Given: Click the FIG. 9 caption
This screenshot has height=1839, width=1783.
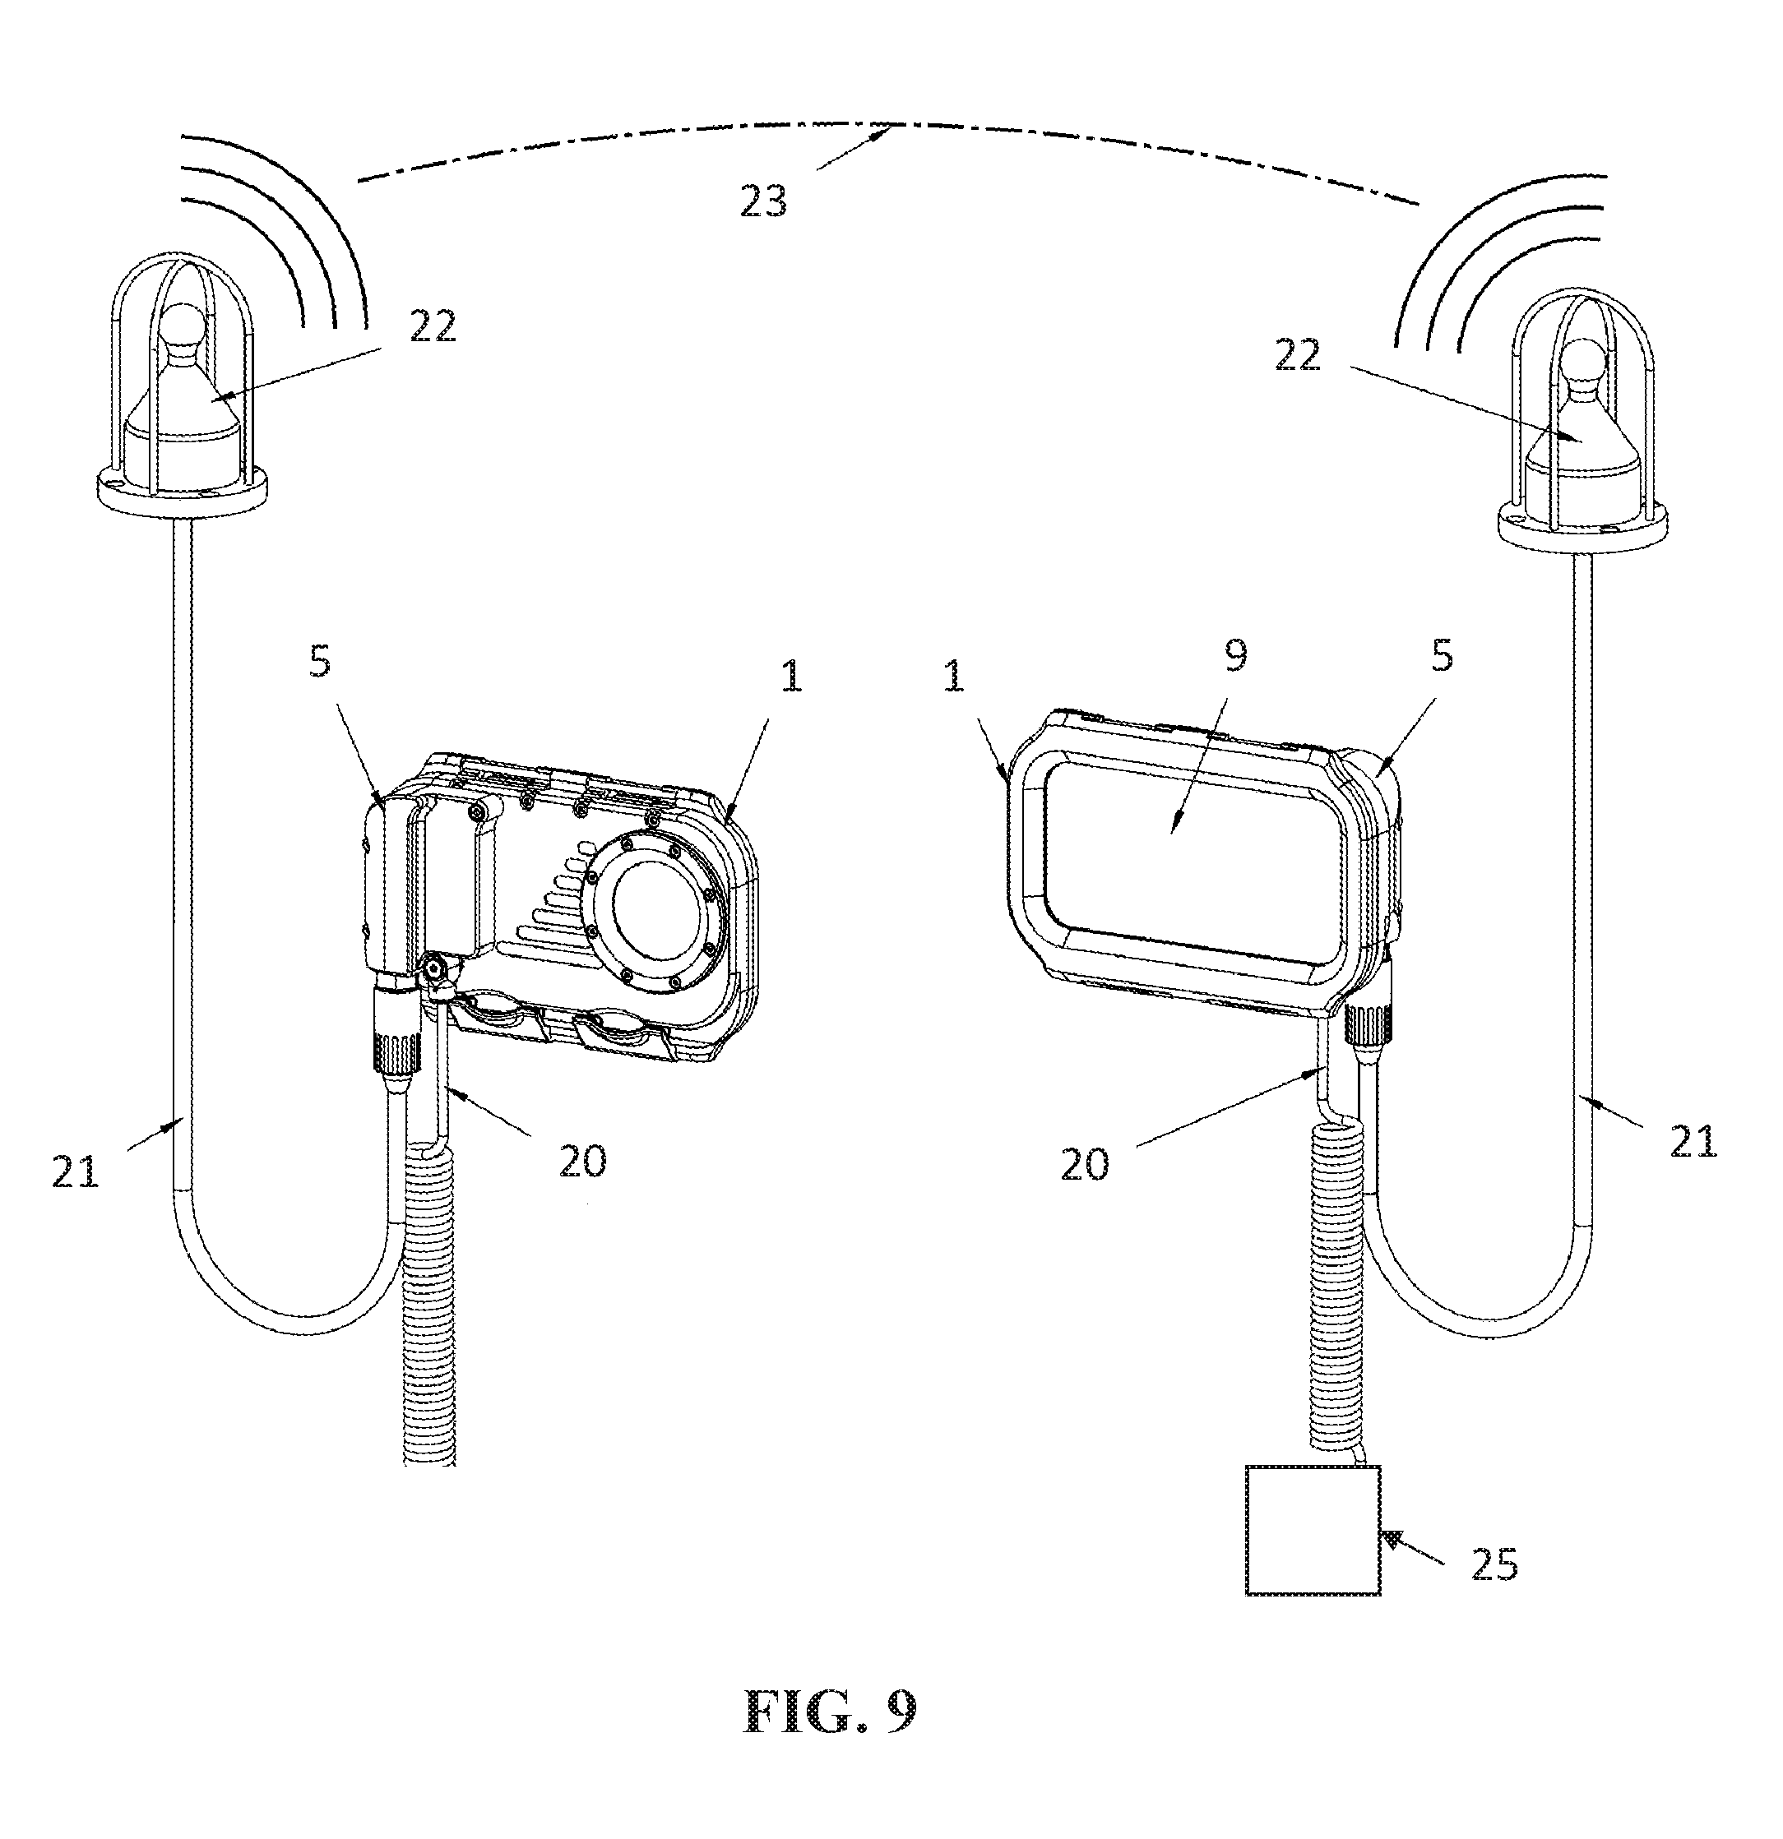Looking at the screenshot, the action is [830, 1711].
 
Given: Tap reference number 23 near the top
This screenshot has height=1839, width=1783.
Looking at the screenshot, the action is [763, 201].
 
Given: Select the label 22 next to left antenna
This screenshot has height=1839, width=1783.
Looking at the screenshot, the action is [432, 326].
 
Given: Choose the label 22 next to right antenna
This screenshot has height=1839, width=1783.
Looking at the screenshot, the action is [1297, 354].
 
